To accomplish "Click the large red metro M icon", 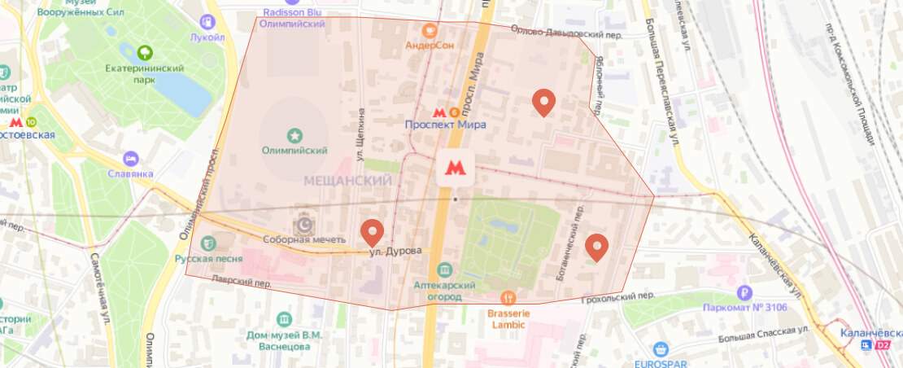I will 456,168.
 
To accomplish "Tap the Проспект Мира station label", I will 446,125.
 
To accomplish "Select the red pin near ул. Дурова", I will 373,231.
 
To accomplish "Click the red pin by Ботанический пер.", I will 597,246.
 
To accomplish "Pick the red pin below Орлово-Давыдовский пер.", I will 543,101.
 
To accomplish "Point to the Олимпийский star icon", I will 294,134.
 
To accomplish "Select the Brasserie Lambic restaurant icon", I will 508,297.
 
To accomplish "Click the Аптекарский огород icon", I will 444,269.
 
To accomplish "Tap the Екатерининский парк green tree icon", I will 146,53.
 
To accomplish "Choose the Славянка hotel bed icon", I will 129,157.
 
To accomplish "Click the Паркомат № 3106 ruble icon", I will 744,292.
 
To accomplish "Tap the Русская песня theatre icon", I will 209,243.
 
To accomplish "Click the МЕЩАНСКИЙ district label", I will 347,180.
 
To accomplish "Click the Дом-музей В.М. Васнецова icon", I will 284,318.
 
